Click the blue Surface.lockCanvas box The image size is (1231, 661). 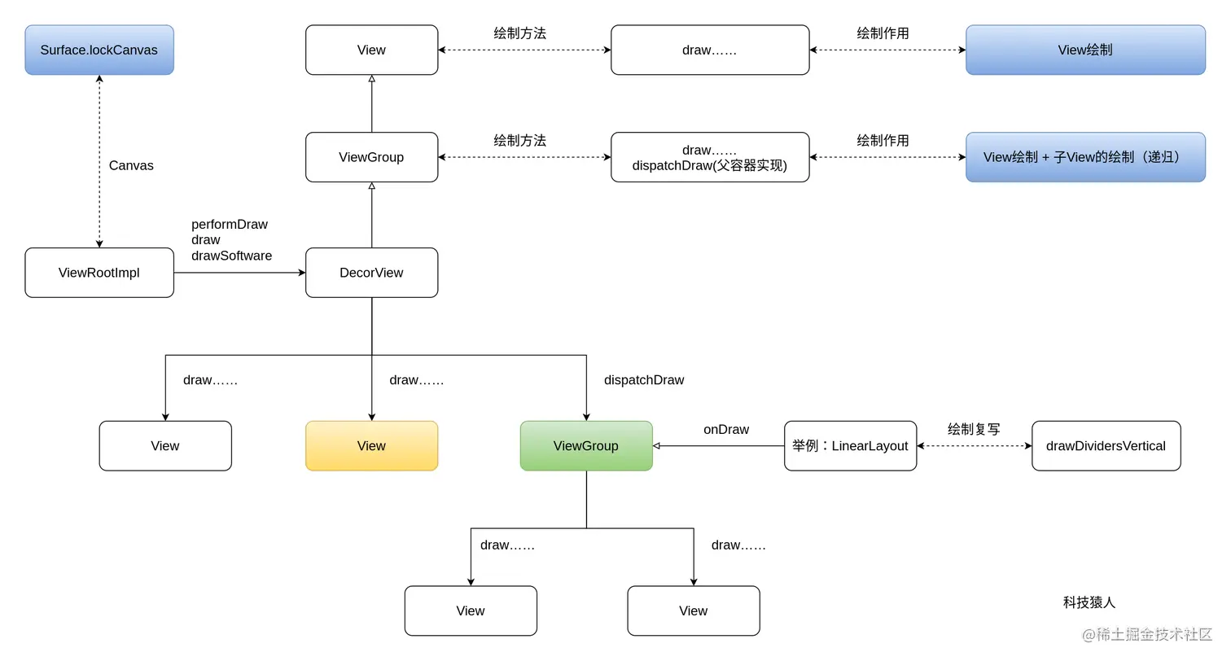point(99,50)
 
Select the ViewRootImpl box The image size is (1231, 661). point(99,273)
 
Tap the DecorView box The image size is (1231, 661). point(371,273)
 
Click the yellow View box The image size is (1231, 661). point(371,445)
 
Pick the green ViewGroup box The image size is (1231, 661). point(586,445)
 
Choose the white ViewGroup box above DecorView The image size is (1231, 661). point(371,157)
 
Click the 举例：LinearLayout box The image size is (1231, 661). point(850,445)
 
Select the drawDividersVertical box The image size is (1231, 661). point(1106,445)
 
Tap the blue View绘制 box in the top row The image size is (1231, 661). point(1085,50)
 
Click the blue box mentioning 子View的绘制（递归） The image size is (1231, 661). point(1085,157)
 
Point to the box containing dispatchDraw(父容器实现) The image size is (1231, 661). point(710,157)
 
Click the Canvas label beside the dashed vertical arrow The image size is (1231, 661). point(131,165)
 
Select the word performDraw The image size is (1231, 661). point(230,224)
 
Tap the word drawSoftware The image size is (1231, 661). point(232,256)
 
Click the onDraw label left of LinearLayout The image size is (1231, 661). point(726,429)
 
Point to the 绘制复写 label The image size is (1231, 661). point(974,429)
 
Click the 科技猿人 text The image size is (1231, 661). point(1089,602)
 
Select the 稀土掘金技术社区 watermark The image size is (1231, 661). point(1147,634)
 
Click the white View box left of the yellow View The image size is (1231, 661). point(165,445)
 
